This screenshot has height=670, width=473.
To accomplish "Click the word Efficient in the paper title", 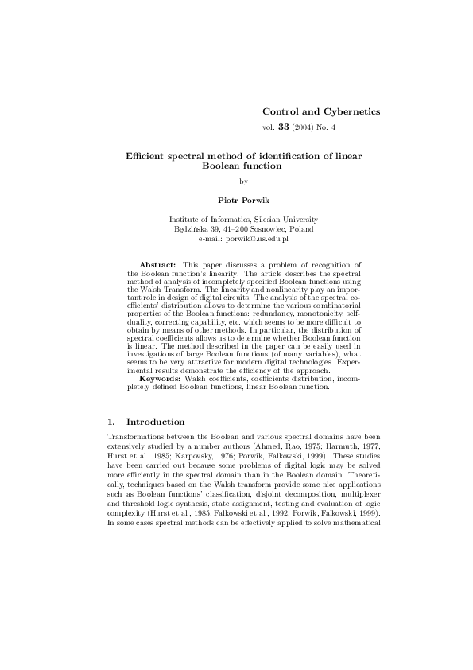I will click(x=149, y=157).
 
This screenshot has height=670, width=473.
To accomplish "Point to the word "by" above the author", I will click(x=243, y=182).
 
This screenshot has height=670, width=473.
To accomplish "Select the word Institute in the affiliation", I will click(x=185, y=220).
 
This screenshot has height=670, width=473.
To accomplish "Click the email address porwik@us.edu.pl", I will click(x=258, y=237).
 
